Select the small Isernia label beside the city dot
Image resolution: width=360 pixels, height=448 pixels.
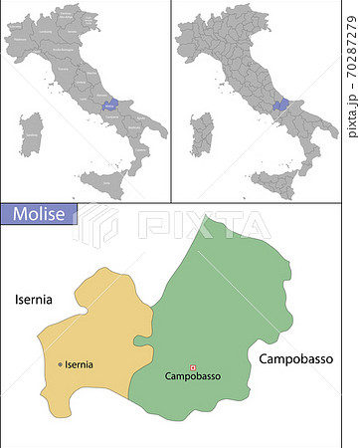[80, 364]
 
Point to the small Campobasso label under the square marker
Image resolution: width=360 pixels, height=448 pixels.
[192, 376]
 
